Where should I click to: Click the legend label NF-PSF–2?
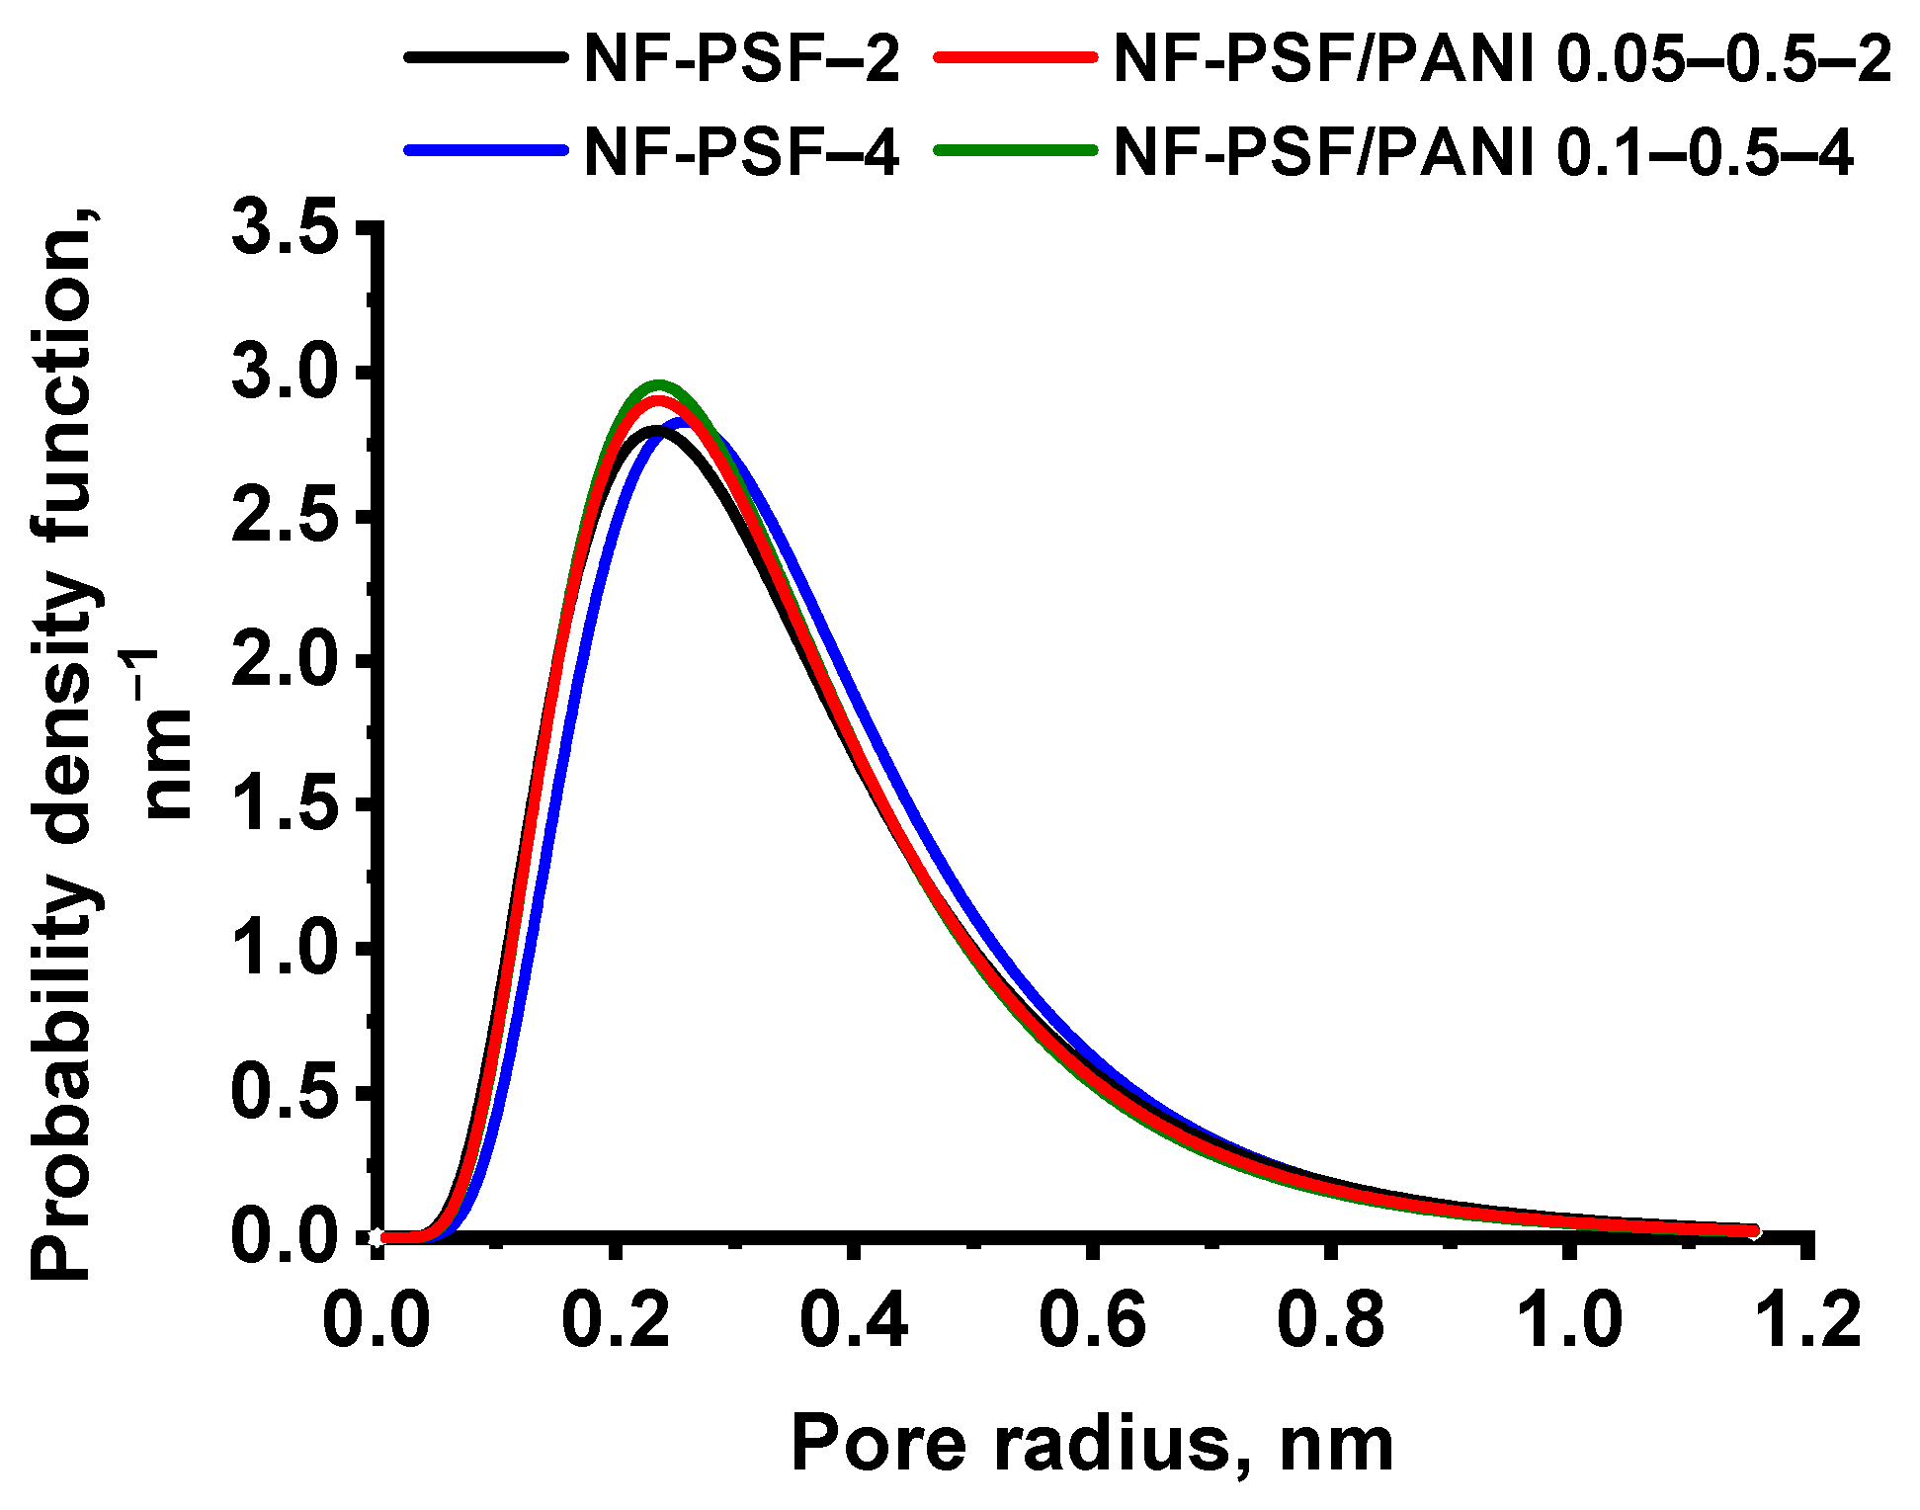pyautogui.click(x=741, y=59)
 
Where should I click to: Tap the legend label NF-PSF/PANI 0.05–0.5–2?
pyautogui.click(x=1502, y=59)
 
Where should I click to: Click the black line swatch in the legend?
pyautogui.click(x=486, y=58)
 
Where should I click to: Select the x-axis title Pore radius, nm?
pyautogui.click(x=1093, y=1444)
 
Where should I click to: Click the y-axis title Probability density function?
pyautogui.click(x=64, y=741)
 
